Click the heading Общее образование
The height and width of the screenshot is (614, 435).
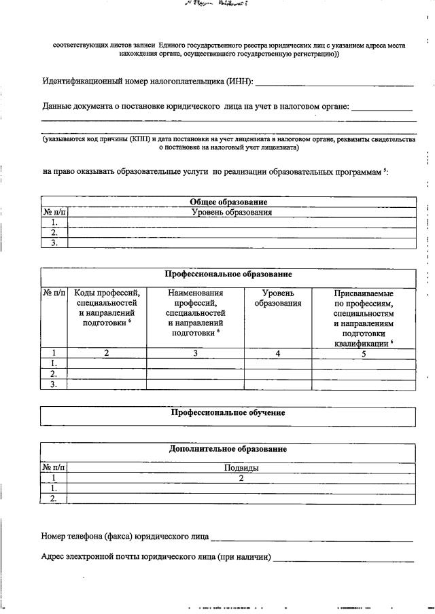tap(228, 202)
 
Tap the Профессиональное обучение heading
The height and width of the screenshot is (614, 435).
tap(228, 412)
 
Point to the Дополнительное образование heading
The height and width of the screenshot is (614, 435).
tap(228, 449)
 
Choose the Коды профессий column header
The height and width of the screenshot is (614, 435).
tap(107, 308)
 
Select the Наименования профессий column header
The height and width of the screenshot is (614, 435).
tap(195, 313)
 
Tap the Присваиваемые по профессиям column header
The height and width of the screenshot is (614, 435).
tap(364, 318)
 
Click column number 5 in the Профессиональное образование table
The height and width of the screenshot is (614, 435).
tap(364, 353)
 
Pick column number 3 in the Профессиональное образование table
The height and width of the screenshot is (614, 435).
tap(195, 353)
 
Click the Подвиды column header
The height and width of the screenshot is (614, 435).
tap(241, 467)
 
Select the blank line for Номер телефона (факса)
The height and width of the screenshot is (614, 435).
tap(312, 540)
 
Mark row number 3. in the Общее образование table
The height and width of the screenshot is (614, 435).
tap(54, 242)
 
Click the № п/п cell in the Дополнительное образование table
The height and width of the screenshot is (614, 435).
tap(54, 467)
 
